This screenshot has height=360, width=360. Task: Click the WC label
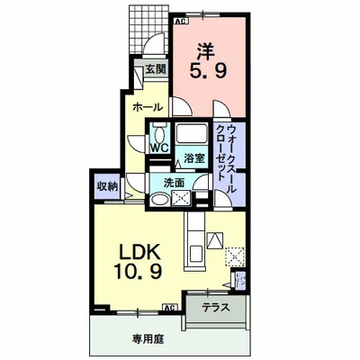click(160, 148)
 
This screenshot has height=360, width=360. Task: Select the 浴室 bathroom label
click(194, 158)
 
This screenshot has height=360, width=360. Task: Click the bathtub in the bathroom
click(191, 136)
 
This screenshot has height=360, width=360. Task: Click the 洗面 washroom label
click(174, 183)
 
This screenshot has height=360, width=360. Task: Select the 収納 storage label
click(107, 186)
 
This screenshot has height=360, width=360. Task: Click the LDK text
click(132, 251)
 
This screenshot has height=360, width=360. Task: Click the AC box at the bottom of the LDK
click(167, 308)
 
